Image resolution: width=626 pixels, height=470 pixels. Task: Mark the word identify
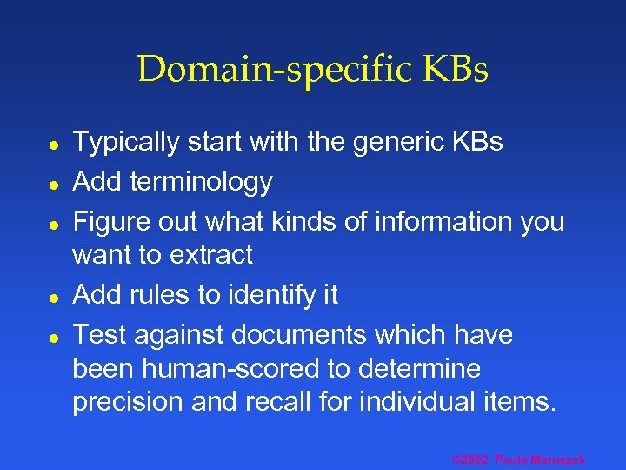click(x=266, y=295)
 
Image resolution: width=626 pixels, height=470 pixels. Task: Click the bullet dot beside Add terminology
click(x=54, y=183)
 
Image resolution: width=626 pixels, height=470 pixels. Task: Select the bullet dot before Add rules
click(x=54, y=296)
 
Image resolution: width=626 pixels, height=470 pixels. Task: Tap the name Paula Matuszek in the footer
click(x=541, y=460)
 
